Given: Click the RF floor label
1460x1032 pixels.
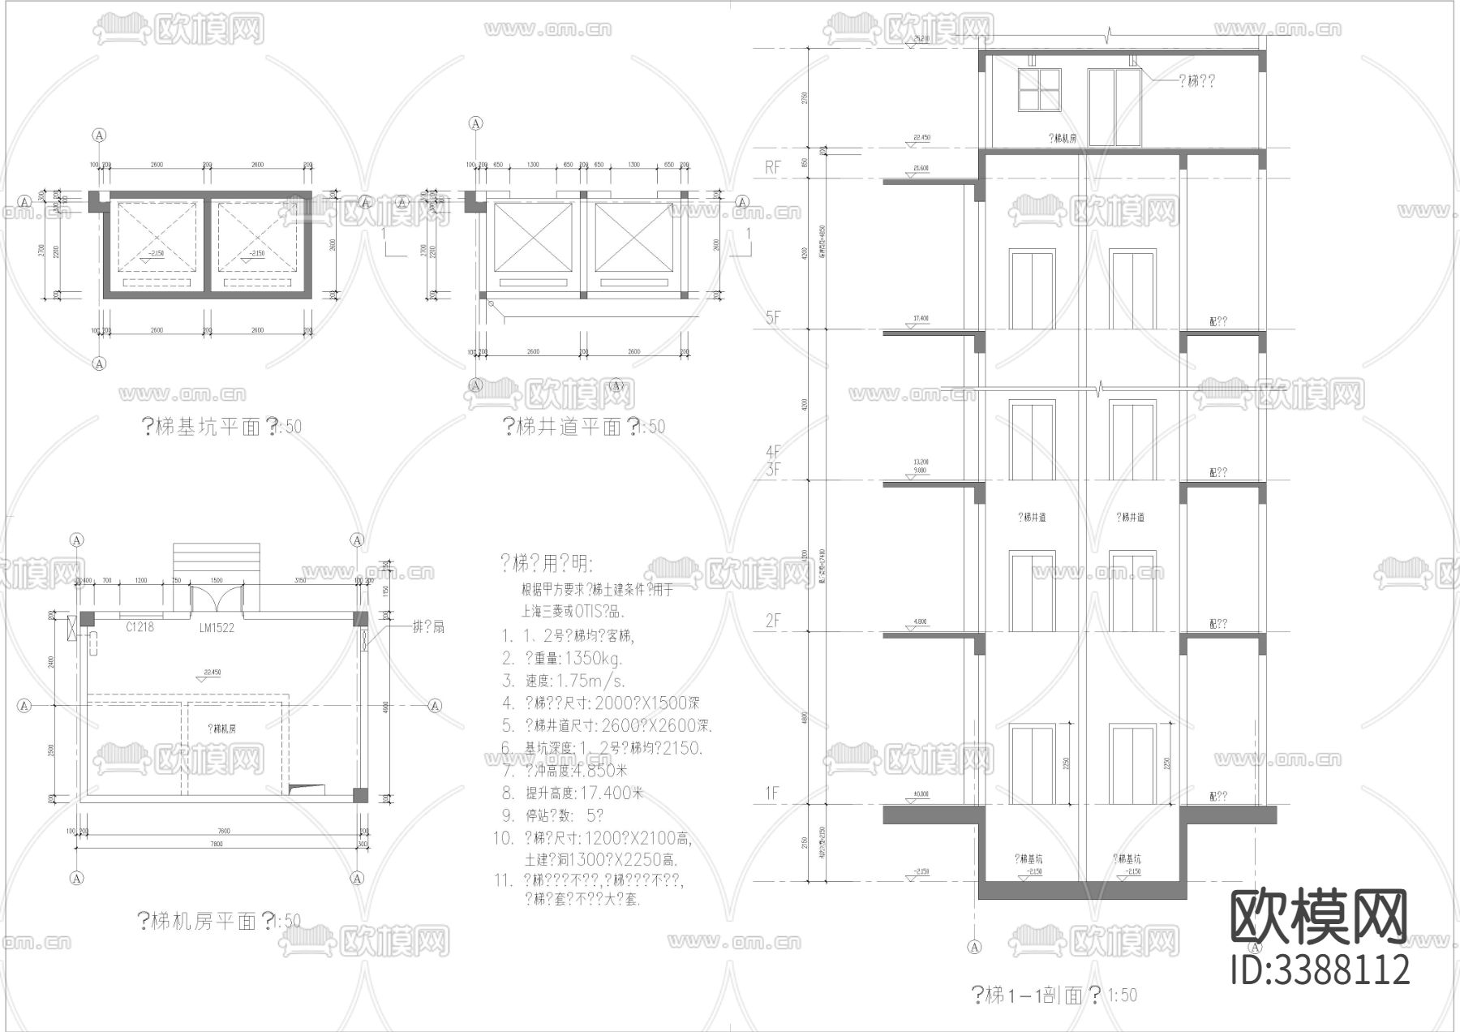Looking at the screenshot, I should pos(773,167).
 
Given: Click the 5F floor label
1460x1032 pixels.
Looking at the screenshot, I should pos(773,317).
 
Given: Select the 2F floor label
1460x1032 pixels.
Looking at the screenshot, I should pos(773,621).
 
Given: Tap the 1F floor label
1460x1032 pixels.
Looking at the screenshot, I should pos(773,793).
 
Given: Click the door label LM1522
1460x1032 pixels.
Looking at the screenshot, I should pos(217,627).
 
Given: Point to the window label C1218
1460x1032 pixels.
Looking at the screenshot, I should pos(140,626).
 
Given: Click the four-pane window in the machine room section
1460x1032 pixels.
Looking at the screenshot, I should pos(1039,88).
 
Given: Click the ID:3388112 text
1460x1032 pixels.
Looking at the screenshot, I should pos(1320,970).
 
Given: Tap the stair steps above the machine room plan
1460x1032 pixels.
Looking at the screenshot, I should pos(217,561).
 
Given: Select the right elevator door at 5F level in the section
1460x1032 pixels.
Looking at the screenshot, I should pos(1131,290).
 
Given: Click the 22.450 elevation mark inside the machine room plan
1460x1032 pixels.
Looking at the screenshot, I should pos(213,673).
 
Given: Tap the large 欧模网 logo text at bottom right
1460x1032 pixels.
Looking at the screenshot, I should pos(1319,918).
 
